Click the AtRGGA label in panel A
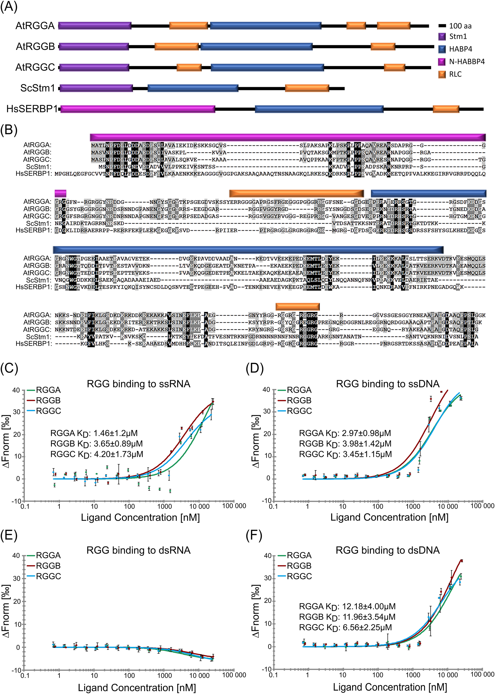point(35,26)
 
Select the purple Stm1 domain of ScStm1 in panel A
point(96,88)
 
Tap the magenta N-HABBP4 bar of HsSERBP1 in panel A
point(138,109)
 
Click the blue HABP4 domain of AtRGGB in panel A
point(256,47)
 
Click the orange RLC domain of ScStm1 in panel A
point(307,88)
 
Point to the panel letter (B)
point(9,130)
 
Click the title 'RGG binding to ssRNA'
point(138,384)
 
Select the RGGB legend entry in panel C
point(48,400)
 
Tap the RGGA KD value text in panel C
point(94,433)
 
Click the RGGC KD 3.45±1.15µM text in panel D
point(345,454)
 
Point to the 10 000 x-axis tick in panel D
point(448,506)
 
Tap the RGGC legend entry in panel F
point(299,576)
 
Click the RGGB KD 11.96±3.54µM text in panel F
point(347,617)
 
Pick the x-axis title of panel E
point(137,687)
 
